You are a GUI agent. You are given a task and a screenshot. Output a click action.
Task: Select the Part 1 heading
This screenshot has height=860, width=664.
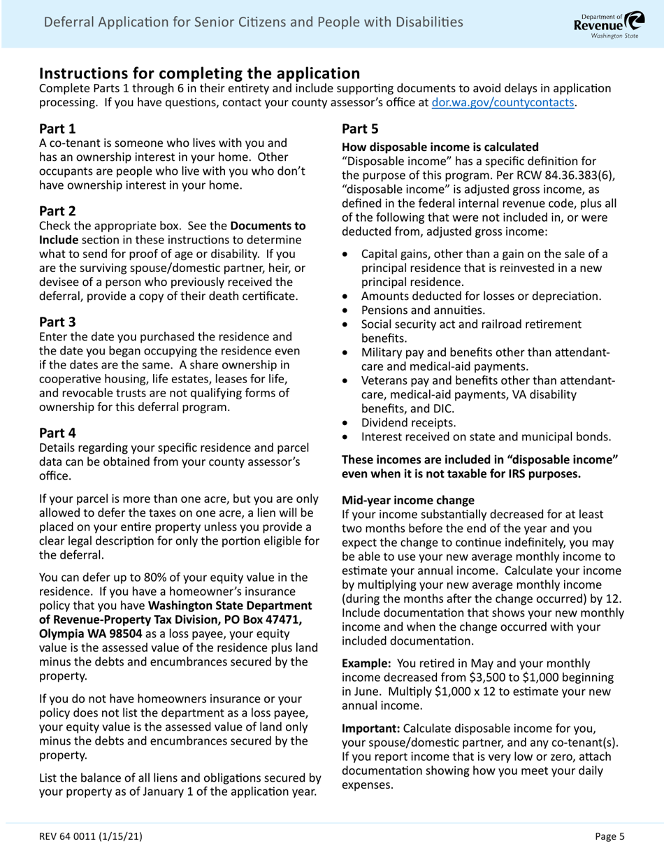(57, 129)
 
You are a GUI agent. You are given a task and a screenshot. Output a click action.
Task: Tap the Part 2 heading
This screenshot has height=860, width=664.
(57, 211)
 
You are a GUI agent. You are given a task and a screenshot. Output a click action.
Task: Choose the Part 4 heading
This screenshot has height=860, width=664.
(57, 433)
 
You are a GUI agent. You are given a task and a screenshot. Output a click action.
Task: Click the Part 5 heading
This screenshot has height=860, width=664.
(360, 129)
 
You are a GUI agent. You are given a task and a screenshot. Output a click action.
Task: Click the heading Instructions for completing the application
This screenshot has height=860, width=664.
(199, 73)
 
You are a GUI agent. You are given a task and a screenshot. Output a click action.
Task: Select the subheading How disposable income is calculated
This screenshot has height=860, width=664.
(440, 148)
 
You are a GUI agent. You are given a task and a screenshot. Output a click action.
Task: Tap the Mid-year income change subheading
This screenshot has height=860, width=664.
(407, 500)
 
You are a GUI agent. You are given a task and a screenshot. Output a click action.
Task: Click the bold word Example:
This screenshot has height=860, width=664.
(366, 663)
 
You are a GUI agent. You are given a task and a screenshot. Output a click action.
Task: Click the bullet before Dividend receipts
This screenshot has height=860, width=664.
(346, 423)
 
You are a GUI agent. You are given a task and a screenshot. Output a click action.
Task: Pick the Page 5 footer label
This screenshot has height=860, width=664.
(609, 836)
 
